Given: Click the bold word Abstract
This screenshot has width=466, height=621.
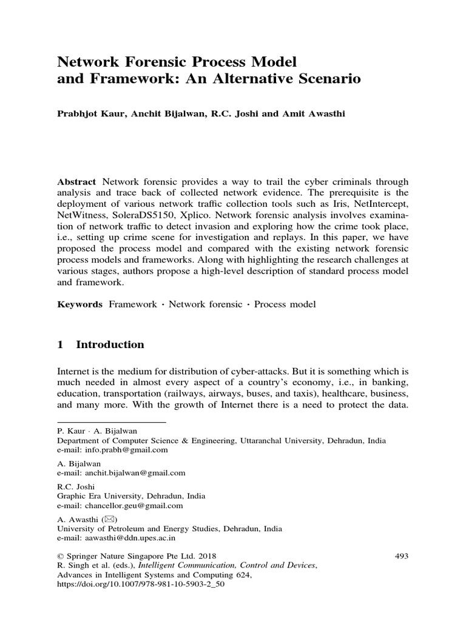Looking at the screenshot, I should (76, 182).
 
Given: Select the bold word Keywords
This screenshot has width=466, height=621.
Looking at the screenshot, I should (79, 304).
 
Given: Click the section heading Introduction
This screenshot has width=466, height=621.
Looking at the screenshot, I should (110, 344).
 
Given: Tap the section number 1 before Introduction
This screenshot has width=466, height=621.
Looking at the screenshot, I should (60, 344).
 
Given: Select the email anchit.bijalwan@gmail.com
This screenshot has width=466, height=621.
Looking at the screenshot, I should (129, 472).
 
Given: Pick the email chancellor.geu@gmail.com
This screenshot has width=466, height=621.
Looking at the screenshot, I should (129, 505).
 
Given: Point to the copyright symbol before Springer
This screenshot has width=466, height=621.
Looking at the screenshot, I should (60, 555).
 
